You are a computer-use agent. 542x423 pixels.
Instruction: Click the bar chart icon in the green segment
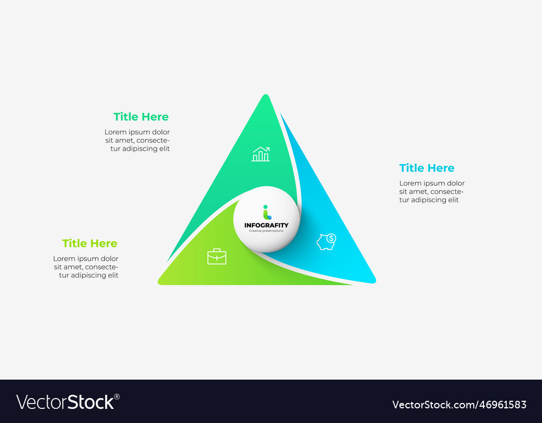click(261, 155)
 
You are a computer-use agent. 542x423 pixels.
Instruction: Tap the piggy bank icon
click(326, 242)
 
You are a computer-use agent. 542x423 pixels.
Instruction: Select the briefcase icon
click(217, 257)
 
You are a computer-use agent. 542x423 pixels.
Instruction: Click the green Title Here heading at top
click(141, 117)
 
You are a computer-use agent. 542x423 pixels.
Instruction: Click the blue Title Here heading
click(427, 168)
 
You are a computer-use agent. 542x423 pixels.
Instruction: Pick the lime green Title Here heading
click(89, 243)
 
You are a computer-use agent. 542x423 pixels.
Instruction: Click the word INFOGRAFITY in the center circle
click(266, 225)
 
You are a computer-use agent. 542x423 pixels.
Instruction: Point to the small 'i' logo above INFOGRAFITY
click(266, 212)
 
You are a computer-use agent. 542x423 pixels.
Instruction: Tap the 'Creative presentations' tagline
click(266, 231)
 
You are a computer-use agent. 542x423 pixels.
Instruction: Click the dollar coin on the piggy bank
click(331, 238)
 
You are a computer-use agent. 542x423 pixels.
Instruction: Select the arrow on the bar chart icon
click(264, 149)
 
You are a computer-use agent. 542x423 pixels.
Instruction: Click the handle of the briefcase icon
click(217, 250)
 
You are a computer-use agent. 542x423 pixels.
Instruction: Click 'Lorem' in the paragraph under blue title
click(410, 183)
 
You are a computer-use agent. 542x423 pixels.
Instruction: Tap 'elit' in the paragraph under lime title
click(113, 275)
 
